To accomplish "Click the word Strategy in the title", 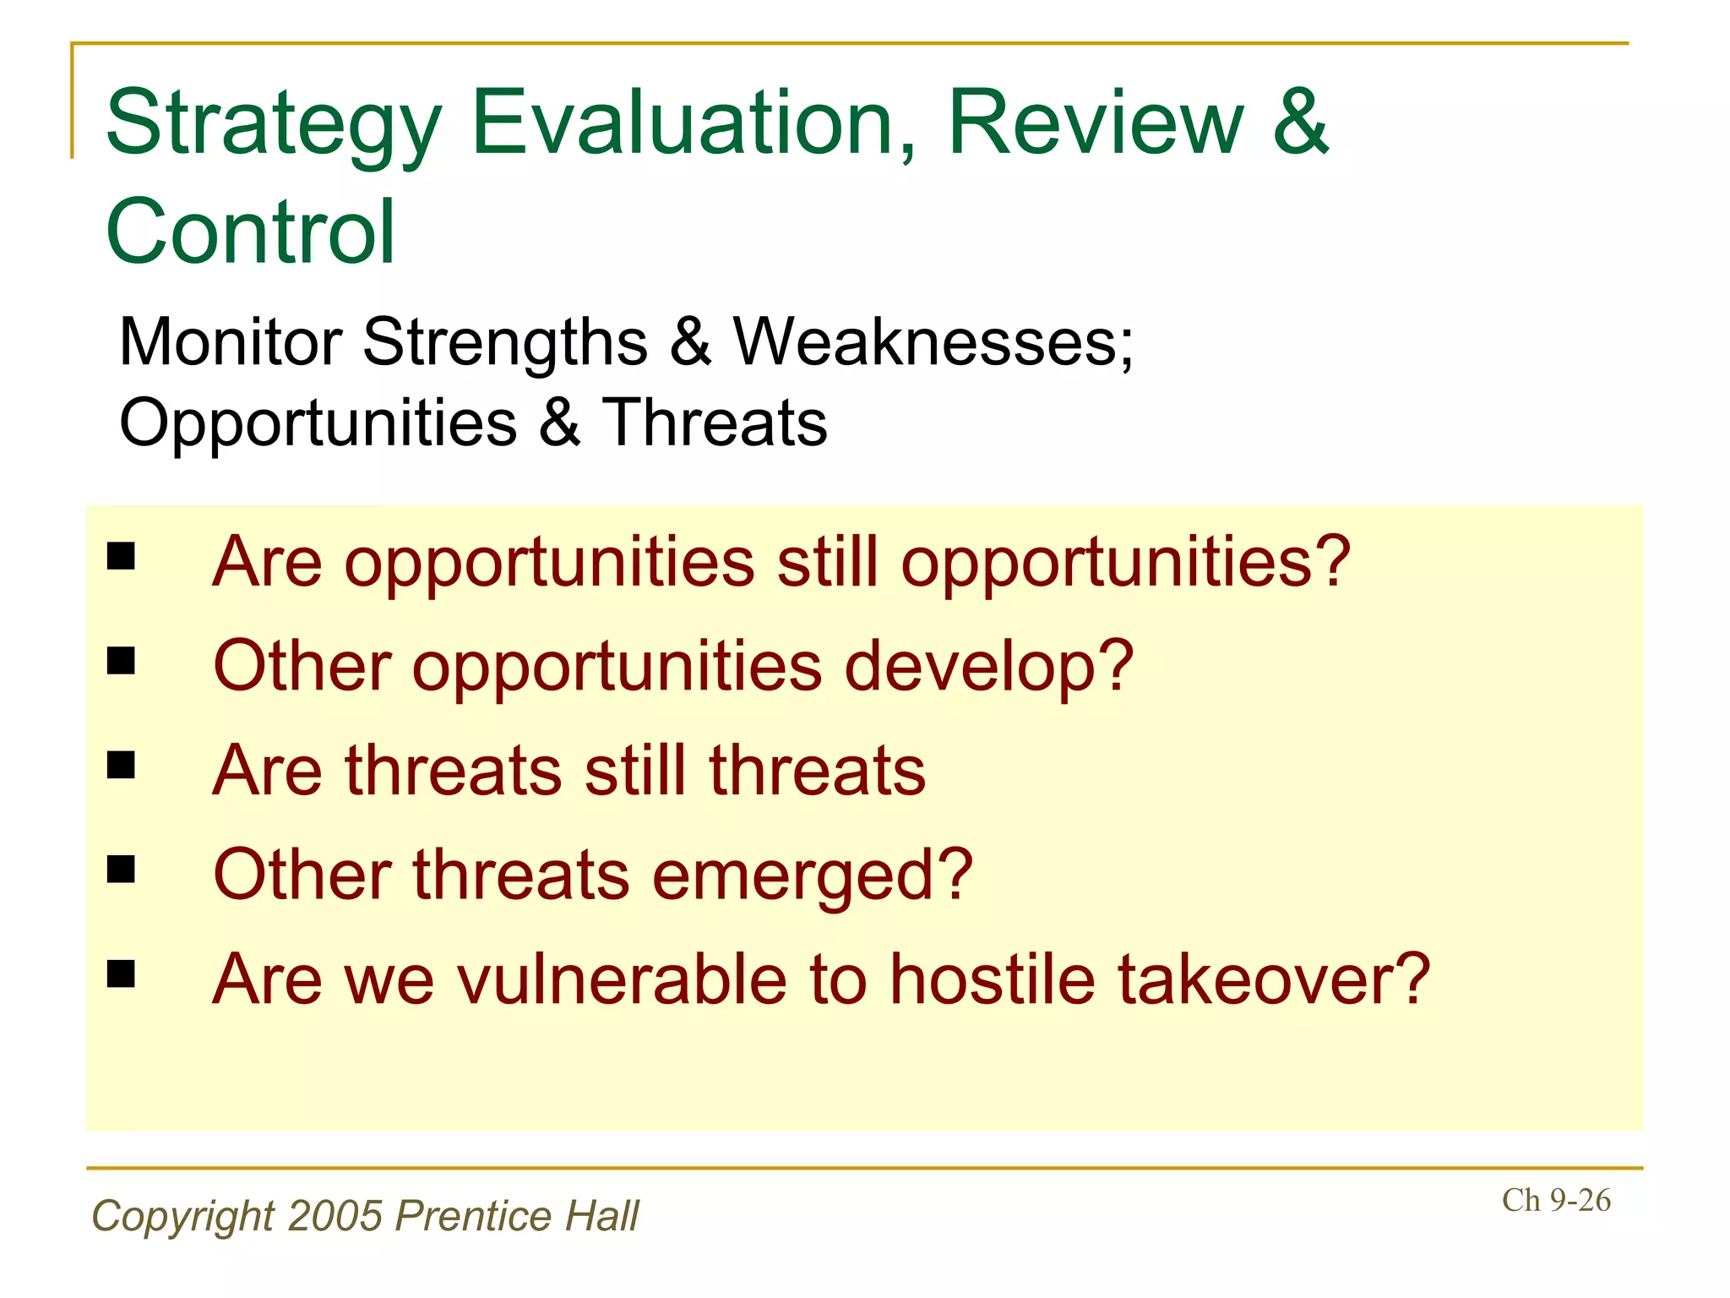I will point(273,124).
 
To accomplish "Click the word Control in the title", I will point(250,232).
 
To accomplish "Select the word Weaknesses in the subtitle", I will point(933,342).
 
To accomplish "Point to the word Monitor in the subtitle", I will point(231,342).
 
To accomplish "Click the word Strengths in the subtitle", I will point(505,342).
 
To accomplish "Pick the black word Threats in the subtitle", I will point(714,423).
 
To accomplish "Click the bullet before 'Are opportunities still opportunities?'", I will point(122,556).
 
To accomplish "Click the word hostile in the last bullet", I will point(993,979).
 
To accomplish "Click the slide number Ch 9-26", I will point(1556,1200).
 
